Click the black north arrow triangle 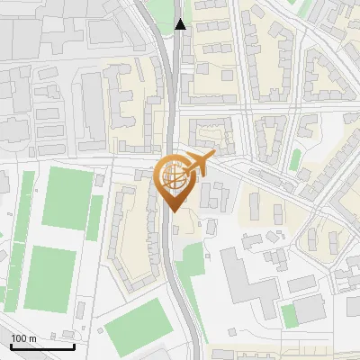181,24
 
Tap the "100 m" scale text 23,338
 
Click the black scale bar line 42,346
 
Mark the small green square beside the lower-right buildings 288,316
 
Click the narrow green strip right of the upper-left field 94,216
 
